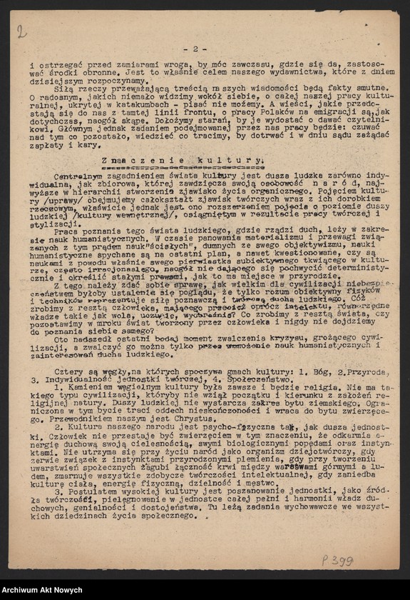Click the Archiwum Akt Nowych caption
(x=46, y=590)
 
